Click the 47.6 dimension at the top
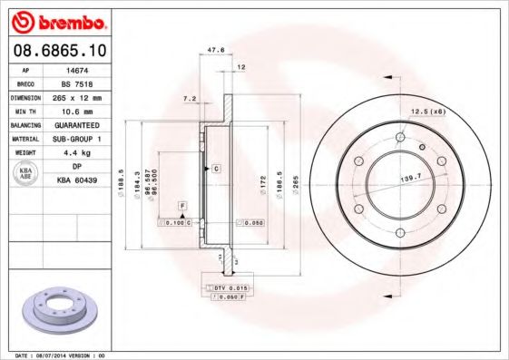[x=216, y=51]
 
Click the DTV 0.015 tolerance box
[x=228, y=287]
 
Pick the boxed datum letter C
[x=216, y=169]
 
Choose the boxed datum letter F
[x=181, y=208]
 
